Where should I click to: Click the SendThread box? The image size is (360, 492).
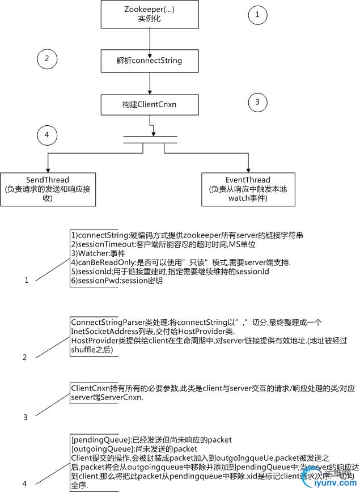[x=48, y=189]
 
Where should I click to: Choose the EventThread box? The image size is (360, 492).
[x=249, y=189]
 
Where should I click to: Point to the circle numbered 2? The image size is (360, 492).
[x=47, y=58]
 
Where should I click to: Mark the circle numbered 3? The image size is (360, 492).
[x=257, y=103]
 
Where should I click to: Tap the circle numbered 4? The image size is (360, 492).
[x=47, y=135]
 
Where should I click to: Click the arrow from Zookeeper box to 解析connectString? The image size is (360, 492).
[x=150, y=40]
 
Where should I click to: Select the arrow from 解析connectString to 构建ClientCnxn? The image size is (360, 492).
[x=150, y=84]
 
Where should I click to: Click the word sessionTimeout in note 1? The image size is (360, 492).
[x=96, y=244]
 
